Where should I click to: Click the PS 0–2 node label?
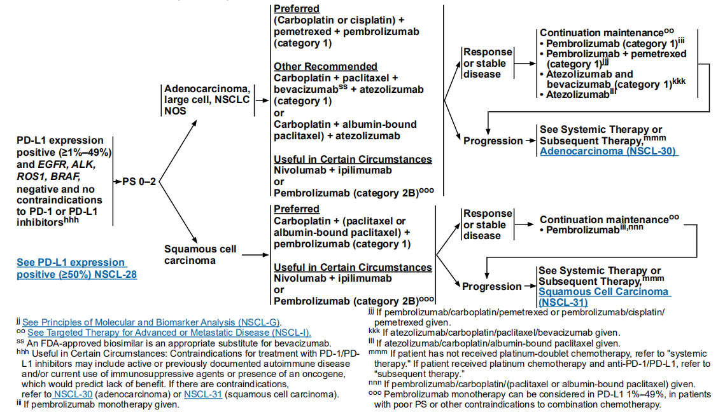pyautogui.click(x=139, y=182)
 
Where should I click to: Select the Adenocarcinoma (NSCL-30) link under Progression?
pyautogui.click(x=609, y=151)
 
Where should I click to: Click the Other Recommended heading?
pyautogui.click(x=325, y=66)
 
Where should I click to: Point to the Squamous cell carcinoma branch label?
pyautogui.click(x=191, y=254)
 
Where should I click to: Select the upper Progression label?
pyautogui.click(x=492, y=141)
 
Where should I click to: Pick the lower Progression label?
pyautogui.click(x=492, y=286)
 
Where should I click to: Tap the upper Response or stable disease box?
pyautogui.click(x=488, y=63)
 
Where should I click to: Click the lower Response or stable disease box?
pyautogui.click(x=488, y=224)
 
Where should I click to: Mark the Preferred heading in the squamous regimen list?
pyautogui.click(x=296, y=209)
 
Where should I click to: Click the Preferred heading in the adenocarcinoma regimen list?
pyautogui.click(x=296, y=10)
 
